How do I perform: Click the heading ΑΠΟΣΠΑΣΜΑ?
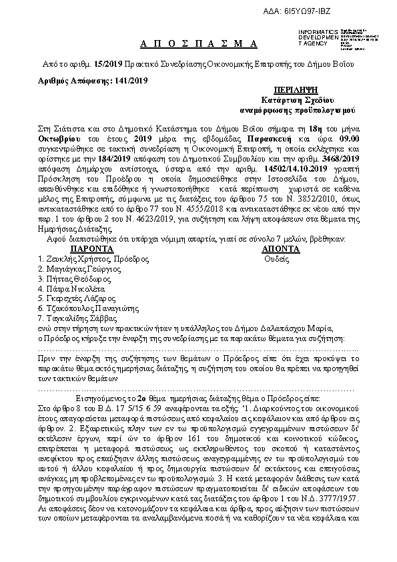tap(200, 43)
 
